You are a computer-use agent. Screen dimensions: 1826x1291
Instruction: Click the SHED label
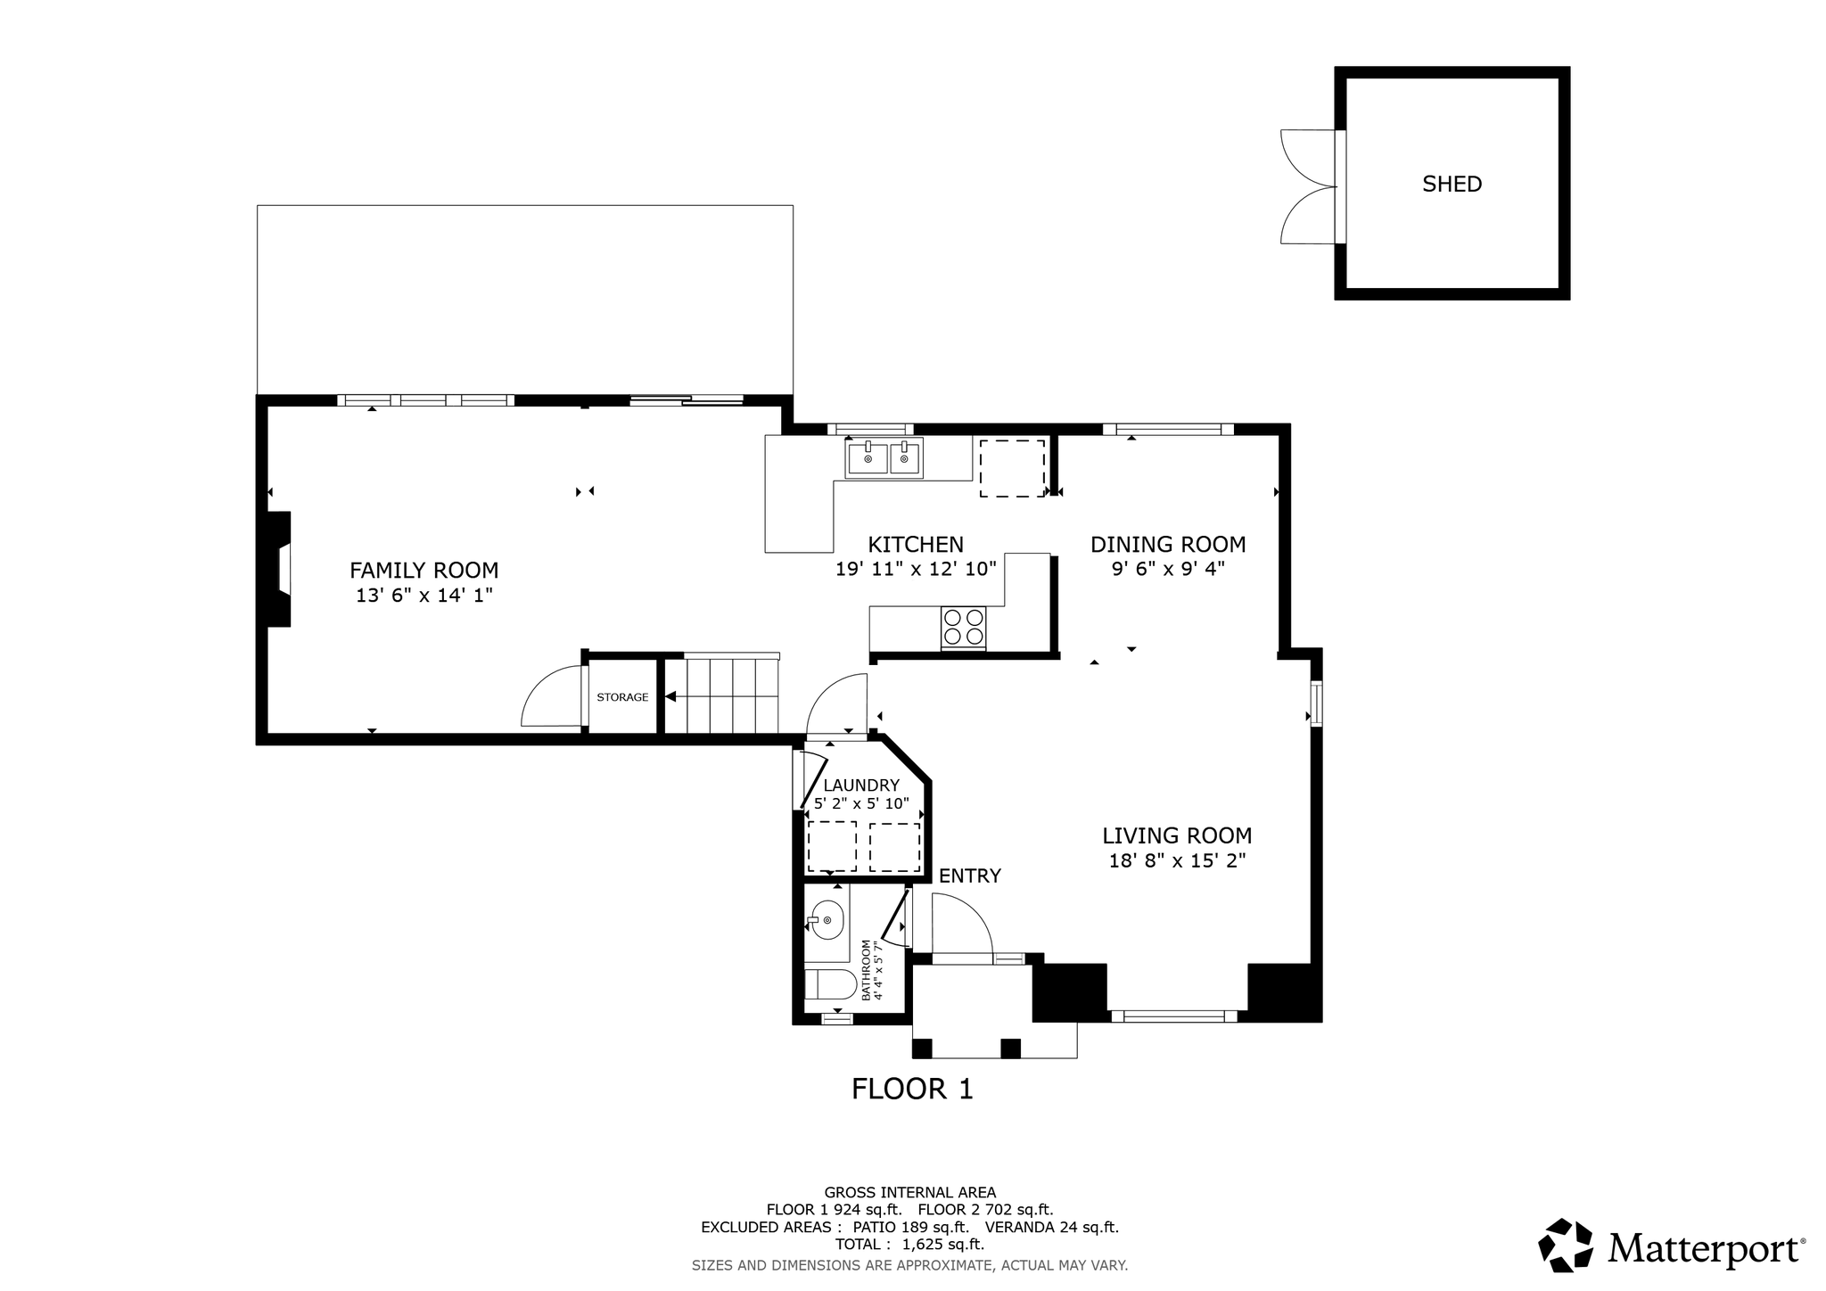click(x=1452, y=184)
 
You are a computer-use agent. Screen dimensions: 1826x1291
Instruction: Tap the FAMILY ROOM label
click(x=424, y=571)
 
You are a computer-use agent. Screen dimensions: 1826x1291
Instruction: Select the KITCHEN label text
click(x=916, y=545)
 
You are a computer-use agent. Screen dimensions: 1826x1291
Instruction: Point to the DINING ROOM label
click(x=1168, y=545)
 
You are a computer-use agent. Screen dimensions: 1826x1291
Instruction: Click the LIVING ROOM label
click(x=1177, y=836)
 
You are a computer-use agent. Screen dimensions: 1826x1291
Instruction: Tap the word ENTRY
click(x=970, y=876)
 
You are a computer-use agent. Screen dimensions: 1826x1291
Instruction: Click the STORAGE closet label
click(x=622, y=697)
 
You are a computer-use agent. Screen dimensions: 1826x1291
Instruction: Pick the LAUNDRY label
click(x=861, y=785)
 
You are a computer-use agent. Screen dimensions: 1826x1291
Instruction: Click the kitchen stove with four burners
click(x=964, y=626)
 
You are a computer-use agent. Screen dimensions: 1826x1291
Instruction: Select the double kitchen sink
click(x=884, y=458)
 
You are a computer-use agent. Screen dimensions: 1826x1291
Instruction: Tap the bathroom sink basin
click(x=827, y=919)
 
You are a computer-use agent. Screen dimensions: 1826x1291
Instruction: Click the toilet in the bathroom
click(x=830, y=985)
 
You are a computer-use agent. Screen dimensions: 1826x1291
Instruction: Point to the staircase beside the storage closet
click(x=722, y=695)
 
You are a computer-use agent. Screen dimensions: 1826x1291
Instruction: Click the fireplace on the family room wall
click(x=278, y=569)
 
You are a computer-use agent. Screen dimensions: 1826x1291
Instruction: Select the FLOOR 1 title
click(x=912, y=1090)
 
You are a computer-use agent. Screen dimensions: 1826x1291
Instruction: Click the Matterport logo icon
click(x=1566, y=1246)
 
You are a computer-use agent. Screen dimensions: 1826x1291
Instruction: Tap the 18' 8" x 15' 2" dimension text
click(x=1177, y=861)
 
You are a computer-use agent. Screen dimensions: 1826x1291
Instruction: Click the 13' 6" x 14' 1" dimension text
click(x=424, y=596)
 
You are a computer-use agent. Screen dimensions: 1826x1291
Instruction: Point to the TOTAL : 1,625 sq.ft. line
click(x=909, y=1245)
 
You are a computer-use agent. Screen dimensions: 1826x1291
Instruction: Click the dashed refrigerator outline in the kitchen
click(x=1012, y=468)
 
